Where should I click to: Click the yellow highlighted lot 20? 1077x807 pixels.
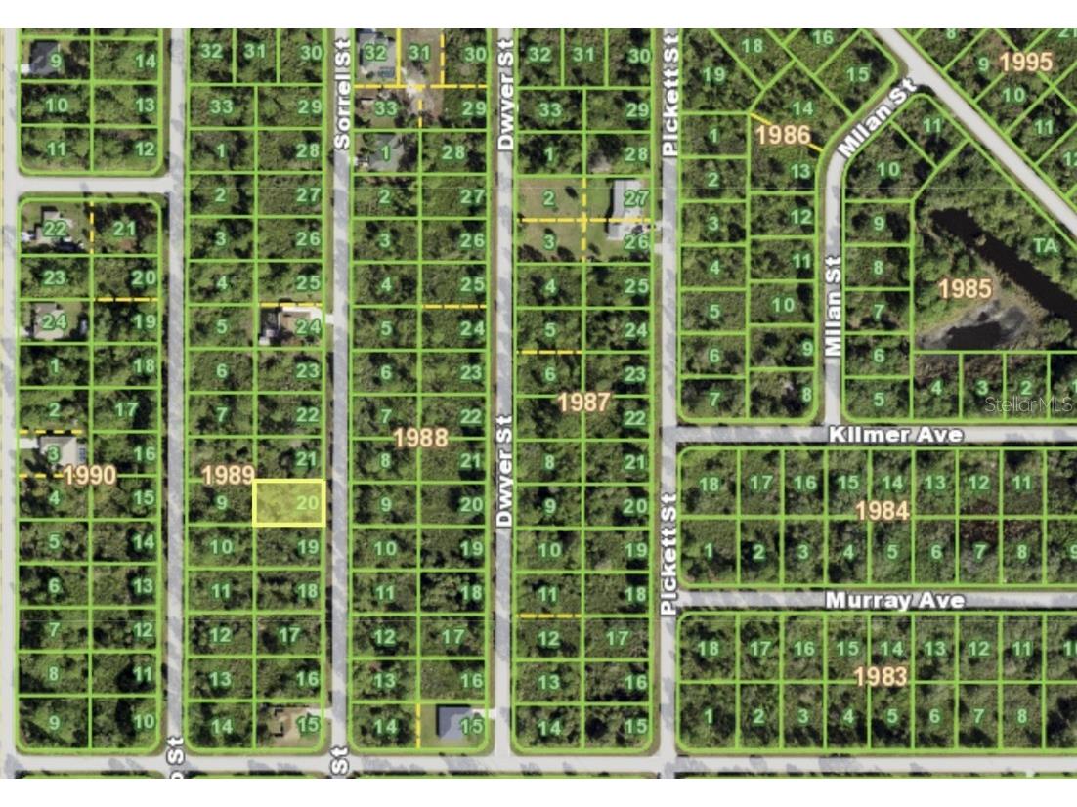point(289,503)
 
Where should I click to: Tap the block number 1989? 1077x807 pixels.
point(228,476)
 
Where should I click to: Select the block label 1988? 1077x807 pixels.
point(420,437)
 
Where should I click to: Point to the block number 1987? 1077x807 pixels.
point(583,402)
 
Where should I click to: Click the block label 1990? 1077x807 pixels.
point(89,476)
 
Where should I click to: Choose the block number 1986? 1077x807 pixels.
point(783,134)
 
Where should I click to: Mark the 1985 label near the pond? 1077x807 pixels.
point(965,288)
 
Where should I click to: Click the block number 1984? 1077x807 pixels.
point(882,510)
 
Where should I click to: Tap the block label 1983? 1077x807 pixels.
point(880,675)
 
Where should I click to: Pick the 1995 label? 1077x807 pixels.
point(1026,62)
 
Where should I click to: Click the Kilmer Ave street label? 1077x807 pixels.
point(895,434)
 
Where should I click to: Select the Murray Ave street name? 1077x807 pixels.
point(895,600)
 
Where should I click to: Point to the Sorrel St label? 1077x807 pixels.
point(341,95)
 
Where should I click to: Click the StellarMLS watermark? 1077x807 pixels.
point(1028,403)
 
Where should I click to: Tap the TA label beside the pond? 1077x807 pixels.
point(1045,245)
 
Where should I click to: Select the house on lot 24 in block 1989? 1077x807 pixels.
point(274,325)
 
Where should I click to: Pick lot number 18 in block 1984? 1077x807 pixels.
point(711,484)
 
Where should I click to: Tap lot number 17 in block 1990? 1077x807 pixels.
point(125,409)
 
